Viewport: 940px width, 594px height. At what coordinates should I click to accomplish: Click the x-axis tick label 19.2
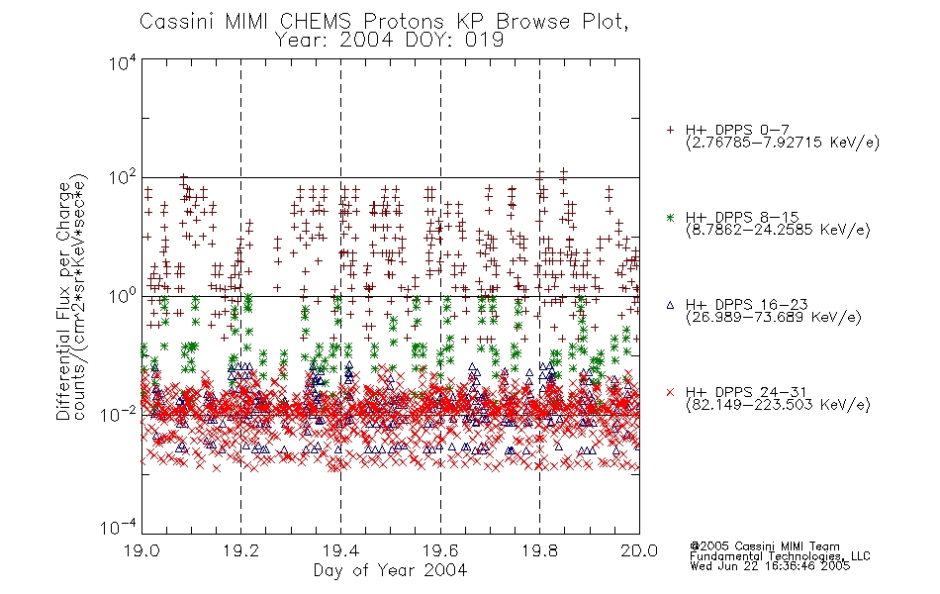[241, 550]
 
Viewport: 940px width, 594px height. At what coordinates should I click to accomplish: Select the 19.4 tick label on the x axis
[340, 550]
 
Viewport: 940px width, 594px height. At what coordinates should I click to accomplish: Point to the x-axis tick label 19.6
[440, 550]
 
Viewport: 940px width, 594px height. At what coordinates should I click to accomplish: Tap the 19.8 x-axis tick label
[539, 550]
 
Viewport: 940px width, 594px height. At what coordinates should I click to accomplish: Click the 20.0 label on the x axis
[639, 550]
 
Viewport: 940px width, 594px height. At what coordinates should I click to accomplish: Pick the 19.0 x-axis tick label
[141, 550]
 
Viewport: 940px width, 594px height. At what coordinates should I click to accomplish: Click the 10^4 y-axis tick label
[123, 62]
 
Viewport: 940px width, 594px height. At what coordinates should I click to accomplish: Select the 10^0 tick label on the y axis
[123, 296]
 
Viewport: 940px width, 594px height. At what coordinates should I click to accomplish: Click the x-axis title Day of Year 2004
[390, 570]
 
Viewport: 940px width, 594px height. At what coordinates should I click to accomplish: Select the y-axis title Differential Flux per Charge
[63, 301]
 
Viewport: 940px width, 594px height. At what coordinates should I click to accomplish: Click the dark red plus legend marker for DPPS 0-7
[670, 130]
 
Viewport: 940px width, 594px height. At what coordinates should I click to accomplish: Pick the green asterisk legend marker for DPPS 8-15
[670, 218]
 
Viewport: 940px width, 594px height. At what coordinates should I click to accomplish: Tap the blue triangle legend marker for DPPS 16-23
[670, 305]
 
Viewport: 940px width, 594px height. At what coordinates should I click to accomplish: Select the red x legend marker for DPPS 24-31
[670, 392]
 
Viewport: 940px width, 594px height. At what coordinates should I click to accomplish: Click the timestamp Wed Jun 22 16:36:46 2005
[770, 565]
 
